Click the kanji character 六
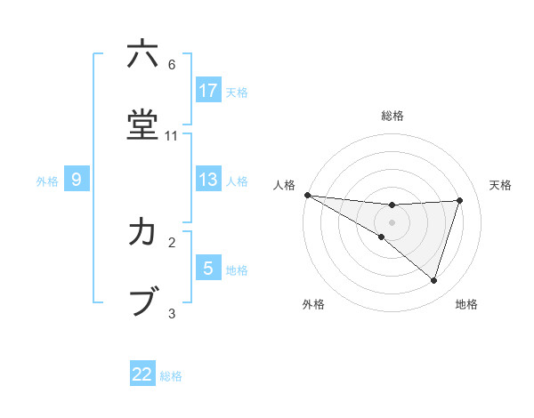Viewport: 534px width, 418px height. point(142,54)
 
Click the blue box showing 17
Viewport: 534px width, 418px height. point(208,91)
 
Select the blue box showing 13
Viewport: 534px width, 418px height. point(208,180)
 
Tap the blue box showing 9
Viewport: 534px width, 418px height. point(77,180)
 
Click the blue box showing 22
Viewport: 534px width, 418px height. point(142,374)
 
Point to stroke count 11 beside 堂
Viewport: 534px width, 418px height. point(172,136)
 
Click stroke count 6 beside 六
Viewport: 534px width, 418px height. point(172,65)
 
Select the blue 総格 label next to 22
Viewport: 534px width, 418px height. point(172,376)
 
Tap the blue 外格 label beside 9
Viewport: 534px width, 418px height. point(47,181)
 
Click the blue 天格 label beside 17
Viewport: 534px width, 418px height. point(237,92)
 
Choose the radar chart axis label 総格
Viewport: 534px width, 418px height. point(392,116)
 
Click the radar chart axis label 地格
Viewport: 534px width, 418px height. point(466,304)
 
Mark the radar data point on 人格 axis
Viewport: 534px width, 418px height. point(307,195)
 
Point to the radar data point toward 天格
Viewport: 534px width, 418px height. point(460,200)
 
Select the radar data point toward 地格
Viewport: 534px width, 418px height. point(433,280)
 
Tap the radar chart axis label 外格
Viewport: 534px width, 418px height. point(313,304)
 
